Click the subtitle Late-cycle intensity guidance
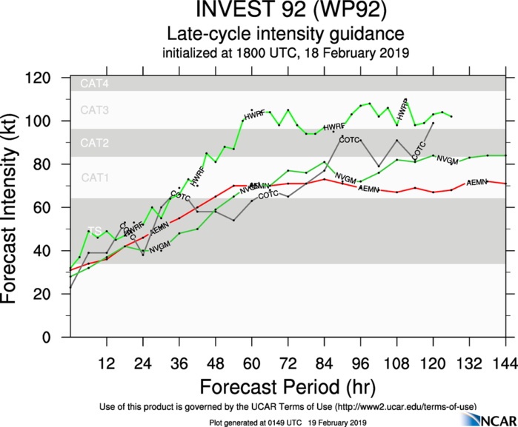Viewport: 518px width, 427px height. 285,34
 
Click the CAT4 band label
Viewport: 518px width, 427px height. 94,84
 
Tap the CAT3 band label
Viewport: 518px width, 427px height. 94,110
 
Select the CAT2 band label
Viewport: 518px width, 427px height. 94,143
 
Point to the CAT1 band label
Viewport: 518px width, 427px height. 94,178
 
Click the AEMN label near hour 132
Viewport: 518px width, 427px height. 476,181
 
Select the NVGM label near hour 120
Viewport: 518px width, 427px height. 447,160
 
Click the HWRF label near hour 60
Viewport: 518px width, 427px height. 254,116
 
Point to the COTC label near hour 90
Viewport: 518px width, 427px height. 349,140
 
